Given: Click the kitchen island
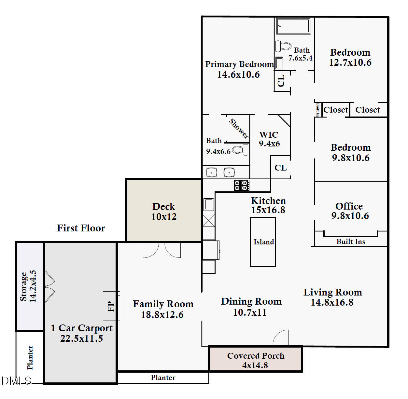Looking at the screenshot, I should point(263,242).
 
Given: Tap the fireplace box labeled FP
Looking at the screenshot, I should point(111,306).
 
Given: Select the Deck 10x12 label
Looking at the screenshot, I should point(164,212).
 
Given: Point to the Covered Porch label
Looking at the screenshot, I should point(256,356).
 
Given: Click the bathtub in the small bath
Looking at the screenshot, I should point(293,26).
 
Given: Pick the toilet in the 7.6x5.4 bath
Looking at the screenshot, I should point(283,46).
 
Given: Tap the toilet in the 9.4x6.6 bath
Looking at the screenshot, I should point(241,150).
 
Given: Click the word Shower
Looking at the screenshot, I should point(239,129).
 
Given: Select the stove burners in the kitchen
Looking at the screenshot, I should point(242,185).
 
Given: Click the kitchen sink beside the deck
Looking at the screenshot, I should point(209,205).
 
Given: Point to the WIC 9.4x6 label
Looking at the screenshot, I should point(269,139).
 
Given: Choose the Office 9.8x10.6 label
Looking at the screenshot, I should point(350,211).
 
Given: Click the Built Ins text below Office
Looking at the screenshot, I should point(351,241).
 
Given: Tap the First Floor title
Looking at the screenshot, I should point(81,228).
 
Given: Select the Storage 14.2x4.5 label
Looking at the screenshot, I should point(28,286).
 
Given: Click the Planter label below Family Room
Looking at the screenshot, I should point(163,378).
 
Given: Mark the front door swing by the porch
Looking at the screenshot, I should point(281,338).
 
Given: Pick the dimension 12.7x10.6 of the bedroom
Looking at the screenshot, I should point(350,62).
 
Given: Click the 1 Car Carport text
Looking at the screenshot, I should point(81,328).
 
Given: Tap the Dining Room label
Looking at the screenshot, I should point(251,301).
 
